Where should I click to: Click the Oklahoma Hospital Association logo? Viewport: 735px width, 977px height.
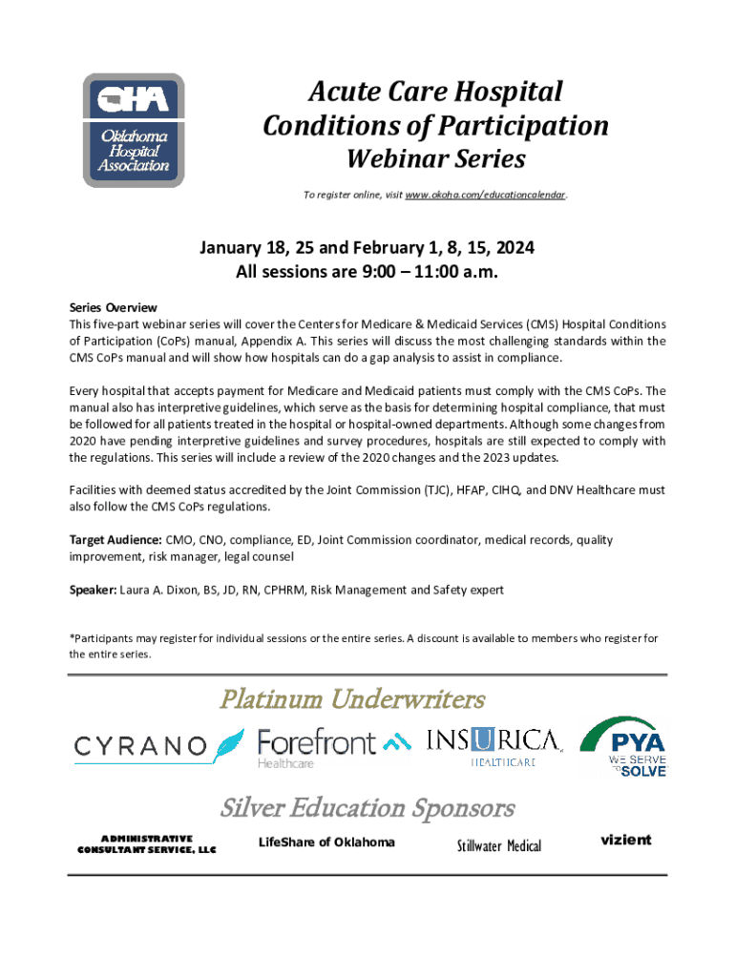tap(133, 130)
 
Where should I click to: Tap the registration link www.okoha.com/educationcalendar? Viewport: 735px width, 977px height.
tap(485, 195)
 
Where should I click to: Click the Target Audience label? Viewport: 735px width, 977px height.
tap(115, 540)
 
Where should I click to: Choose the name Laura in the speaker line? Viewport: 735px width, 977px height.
tap(137, 591)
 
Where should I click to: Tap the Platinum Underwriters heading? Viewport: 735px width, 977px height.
tap(352, 700)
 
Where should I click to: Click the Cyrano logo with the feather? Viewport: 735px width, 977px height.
tap(160, 745)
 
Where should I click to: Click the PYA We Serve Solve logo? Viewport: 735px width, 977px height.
tap(625, 745)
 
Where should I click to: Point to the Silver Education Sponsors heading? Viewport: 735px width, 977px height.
tap(367, 808)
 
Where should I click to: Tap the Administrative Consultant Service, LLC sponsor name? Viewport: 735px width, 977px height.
tap(147, 844)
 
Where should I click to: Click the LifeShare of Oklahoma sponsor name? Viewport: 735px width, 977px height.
tap(326, 842)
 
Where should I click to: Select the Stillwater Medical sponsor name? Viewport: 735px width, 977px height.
tap(498, 846)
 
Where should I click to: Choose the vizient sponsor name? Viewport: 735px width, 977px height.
tap(625, 841)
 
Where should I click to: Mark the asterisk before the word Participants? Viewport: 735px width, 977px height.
tap(72, 638)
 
